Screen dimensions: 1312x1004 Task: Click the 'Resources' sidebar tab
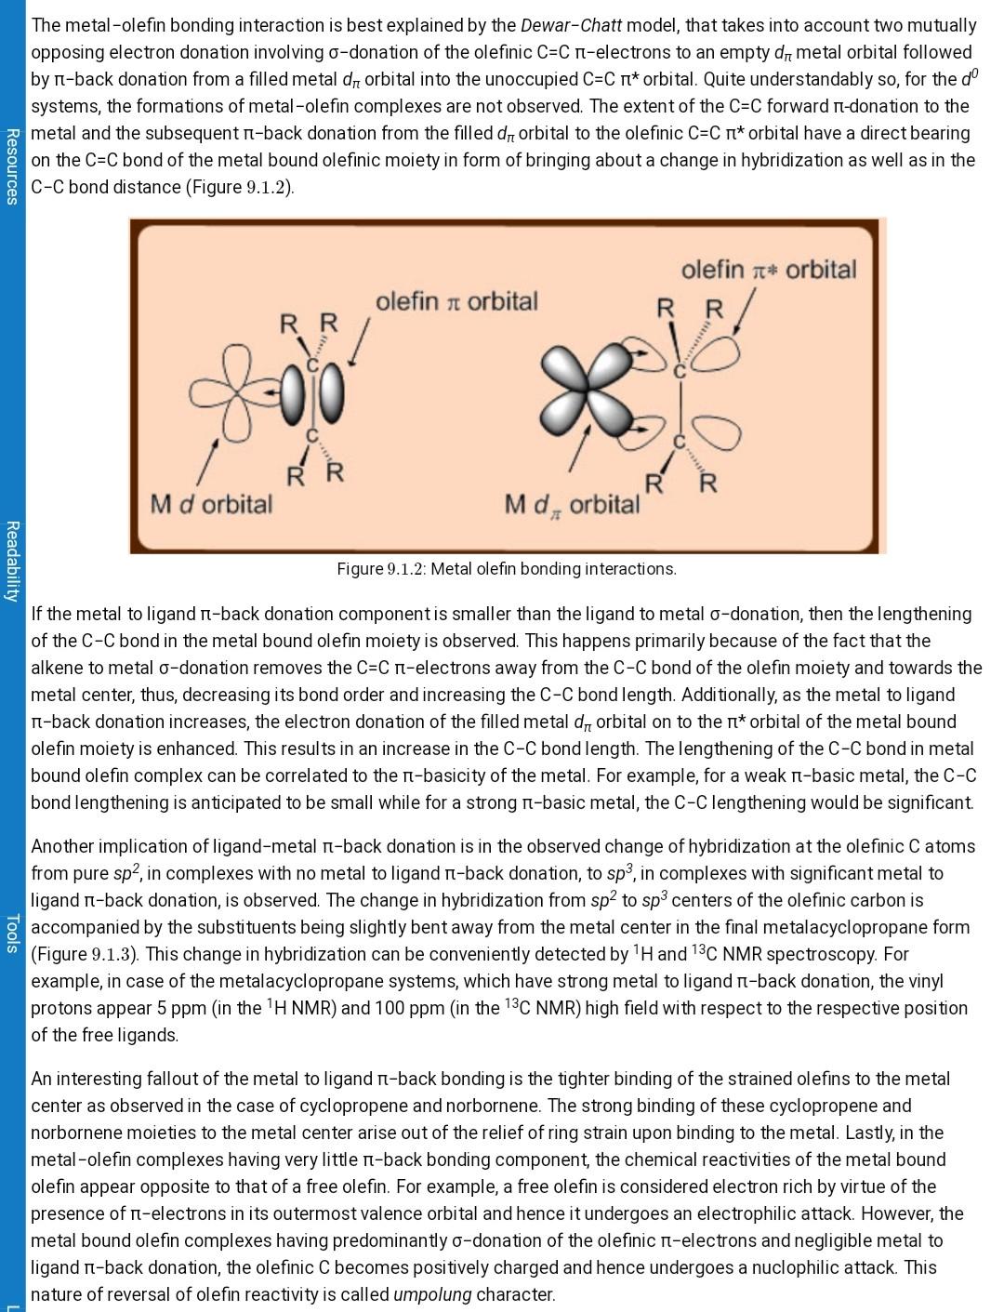[x=11, y=166]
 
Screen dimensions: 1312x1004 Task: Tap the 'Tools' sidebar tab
[x=11, y=934]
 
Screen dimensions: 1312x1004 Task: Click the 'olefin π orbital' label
[x=456, y=301]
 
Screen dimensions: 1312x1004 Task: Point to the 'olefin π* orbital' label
[x=768, y=270]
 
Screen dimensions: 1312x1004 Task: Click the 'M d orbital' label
[x=211, y=504]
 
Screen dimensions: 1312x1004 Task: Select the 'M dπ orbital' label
[x=572, y=505]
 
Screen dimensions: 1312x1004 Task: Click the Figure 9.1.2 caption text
[x=507, y=568]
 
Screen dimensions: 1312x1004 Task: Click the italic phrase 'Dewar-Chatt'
[x=571, y=25]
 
